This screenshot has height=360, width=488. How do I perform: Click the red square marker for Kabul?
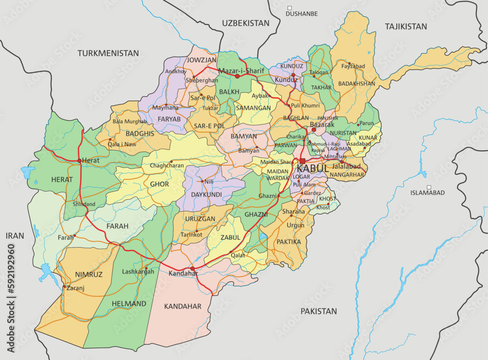(303, 161)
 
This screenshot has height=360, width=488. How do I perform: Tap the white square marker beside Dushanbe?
(289, 8)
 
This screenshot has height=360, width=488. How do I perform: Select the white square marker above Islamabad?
(429, 187)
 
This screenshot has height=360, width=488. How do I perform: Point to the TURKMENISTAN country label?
(108, 53)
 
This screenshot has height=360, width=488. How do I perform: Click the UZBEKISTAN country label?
(245, 23)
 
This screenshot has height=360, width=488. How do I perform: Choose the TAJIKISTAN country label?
(406, 26)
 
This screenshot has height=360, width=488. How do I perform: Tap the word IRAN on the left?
(15, 235)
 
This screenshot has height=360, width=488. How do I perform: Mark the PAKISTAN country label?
(319, 311)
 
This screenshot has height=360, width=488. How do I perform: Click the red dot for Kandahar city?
(193, 269)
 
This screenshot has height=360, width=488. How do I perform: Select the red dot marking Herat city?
(79, 160)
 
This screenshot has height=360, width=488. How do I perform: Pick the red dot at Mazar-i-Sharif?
(238, 76)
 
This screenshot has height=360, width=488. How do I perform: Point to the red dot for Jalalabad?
(342, 162)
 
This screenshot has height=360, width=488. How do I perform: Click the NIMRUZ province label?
(89, 275)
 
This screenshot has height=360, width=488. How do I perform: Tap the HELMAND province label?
(128, 303)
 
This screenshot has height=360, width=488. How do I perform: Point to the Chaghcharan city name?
(167, 166)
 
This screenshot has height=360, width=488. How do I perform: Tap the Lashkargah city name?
(138, 272)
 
